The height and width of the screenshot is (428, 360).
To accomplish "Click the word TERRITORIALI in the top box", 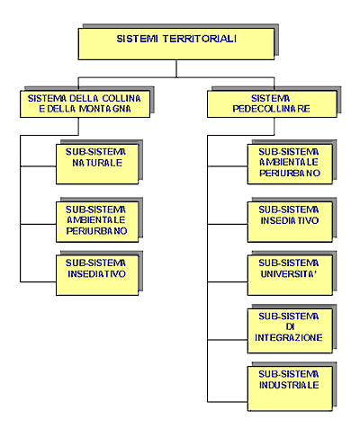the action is [x=200, y=39].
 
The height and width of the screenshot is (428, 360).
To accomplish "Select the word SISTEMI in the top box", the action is [x=137, y=39].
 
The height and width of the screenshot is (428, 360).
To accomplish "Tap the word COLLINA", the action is [x=121, y=98].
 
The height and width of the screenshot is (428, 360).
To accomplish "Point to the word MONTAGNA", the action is [x=105, y=109].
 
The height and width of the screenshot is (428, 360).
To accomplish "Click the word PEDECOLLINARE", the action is [x=271, y=109].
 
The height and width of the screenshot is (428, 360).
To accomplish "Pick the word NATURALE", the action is [x=97, y=163].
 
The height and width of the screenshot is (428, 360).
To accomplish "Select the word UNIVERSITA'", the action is [x=289, y=273].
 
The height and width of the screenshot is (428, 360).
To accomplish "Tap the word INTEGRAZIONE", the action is [x=289, y=337].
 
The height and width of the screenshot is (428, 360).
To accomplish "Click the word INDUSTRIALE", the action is [x=289, y=385].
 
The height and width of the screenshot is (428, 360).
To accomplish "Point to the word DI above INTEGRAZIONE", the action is [x=290, y=327].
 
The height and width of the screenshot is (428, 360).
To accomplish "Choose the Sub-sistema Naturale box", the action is [x=97, y=164].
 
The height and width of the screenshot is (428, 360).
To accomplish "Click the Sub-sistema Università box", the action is [x=290, y=275].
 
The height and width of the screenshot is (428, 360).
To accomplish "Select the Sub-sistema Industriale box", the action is [x=290, y=388].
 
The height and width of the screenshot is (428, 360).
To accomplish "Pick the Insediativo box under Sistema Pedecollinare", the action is [x=290, y=222].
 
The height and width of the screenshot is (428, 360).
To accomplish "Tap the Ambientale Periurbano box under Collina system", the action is [x=97, y=222].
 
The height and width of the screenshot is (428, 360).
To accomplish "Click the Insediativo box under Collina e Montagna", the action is [x=97, y=275].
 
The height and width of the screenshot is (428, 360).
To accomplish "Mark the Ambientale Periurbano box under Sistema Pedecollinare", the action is [x=290, y=164].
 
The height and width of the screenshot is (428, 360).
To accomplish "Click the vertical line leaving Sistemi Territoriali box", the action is [x=176, y=68].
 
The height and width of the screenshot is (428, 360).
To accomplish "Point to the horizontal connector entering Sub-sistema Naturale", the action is [x=38, y=166].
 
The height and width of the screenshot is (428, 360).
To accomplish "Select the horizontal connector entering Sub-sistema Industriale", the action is [x=228, y=402].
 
